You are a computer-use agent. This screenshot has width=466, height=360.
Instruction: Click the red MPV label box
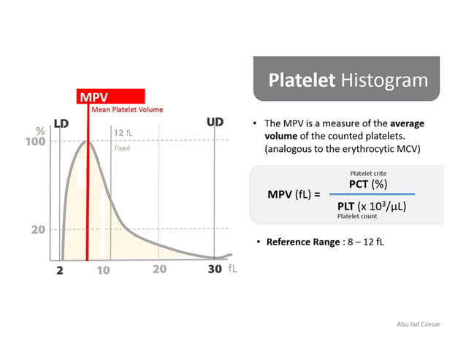(110, 96)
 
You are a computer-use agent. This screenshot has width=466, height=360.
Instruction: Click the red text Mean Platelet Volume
(127, 110)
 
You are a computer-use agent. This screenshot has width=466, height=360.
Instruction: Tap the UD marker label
(215, 122)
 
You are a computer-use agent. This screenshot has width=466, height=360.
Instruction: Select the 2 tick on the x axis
(61, 269)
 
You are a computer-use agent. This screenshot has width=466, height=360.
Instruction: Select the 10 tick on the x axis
(104, 269)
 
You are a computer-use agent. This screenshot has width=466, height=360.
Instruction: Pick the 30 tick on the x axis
(214, 269)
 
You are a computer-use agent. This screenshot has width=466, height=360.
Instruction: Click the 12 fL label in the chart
(123, 133)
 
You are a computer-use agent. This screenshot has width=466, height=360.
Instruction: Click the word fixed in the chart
(121, 148)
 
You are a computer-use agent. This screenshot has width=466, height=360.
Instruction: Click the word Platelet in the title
(298, 80)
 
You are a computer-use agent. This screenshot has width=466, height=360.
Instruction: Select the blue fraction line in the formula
(373, 194)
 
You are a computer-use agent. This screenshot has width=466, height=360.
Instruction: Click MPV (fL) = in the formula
(294, 195)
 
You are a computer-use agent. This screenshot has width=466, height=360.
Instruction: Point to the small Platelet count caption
(357, 217)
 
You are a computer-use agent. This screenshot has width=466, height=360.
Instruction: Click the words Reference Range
(302, 241)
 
